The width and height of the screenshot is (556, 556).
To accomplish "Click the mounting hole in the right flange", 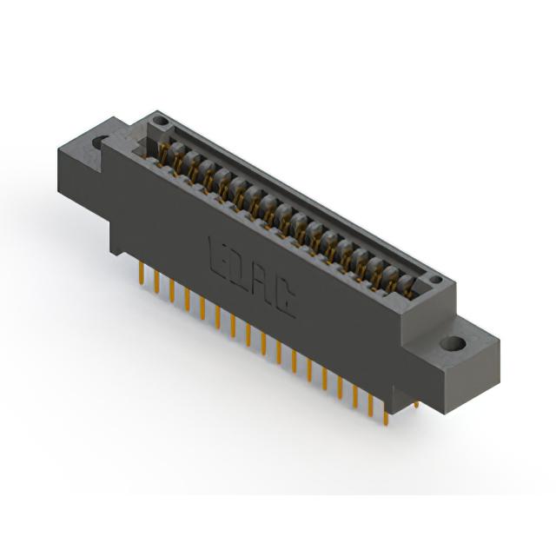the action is pos(454,343).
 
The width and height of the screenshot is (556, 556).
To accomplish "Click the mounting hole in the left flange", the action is pos(101,142).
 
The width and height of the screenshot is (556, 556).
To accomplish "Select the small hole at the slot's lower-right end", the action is pos(436,280).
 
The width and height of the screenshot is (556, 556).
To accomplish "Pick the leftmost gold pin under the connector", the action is pos(142,274).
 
